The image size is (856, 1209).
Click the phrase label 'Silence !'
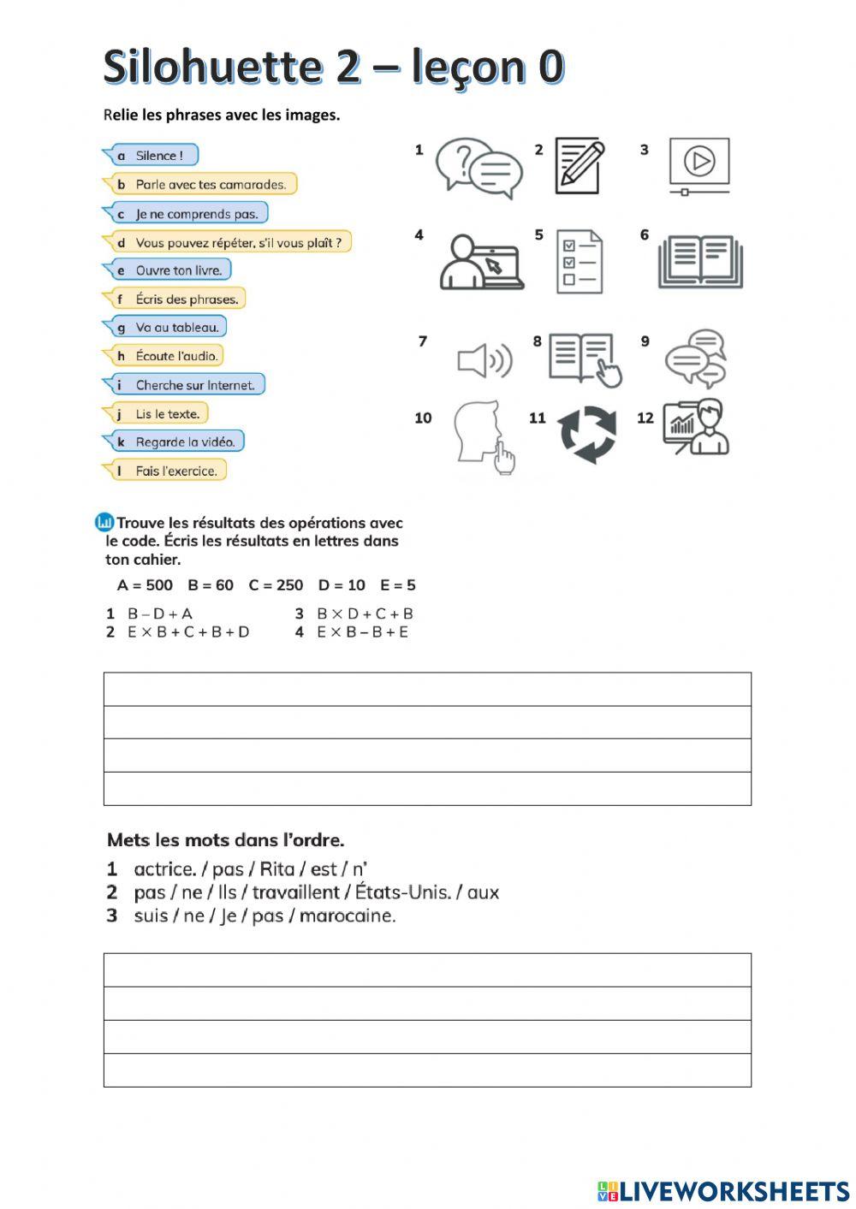[x=158, y=156]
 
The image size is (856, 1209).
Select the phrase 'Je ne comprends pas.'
[x=196, y=214]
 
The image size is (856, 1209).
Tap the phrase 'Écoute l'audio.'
[x=176, y=356]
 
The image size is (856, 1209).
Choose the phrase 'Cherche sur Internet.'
[x=194, y=385]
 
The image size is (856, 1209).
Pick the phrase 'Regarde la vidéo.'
[x=184, y=442]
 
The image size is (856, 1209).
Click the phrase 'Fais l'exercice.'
[x=175, y=471]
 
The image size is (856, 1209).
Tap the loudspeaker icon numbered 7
[x=484, y=360]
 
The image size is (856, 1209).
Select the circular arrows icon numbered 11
[x=587, y=434]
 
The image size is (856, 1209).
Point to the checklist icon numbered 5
[x=580, y=261]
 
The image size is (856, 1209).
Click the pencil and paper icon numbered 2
[x=580, y=165]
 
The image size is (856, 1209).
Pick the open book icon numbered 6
[x=700, y=261]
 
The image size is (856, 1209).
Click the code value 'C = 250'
[x=276, y=585]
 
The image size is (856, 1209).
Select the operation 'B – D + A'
[x=160, y=613]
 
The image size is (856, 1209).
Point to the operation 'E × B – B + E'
[x=362, y=632]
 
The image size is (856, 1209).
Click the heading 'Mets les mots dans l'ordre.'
[x=226, y=840]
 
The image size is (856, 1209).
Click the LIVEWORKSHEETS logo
[x=723, y=1191]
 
